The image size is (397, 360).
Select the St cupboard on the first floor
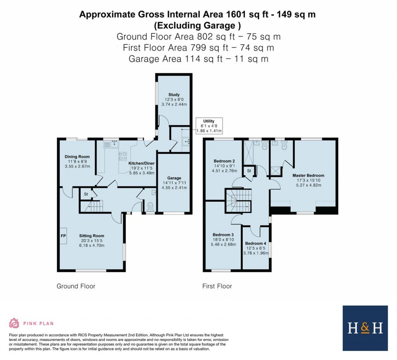point(249,171)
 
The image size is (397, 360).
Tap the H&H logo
point(365,328)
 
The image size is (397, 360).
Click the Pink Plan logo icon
point(14,323)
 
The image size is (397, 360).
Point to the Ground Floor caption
point(76,286)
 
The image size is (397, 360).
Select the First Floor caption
point(217,286)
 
